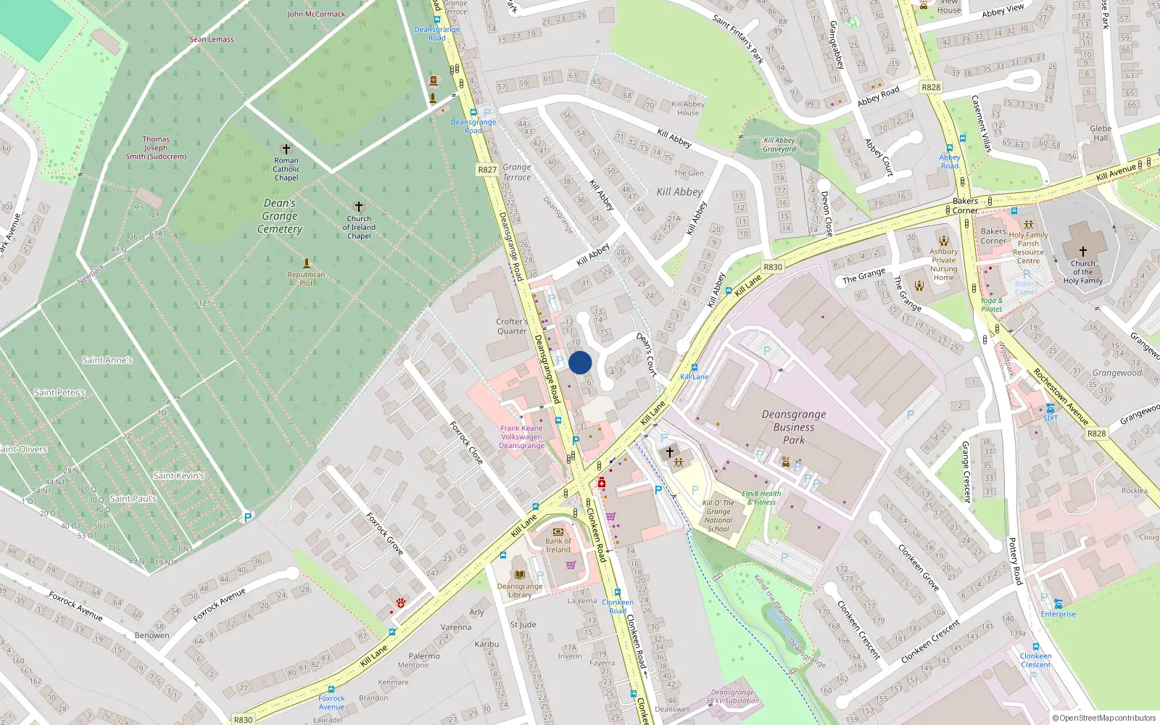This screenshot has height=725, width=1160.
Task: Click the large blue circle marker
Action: tap(580, 362)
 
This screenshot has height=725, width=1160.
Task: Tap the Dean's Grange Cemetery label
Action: tap(280, 216)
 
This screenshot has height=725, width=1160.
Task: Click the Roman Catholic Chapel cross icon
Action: tap(286, 149)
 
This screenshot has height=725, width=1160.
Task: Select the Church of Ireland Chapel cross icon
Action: tap(359, 207)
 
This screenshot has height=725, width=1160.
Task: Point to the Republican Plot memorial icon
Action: tap(307, 262)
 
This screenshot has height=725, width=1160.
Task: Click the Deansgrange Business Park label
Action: tap(793, 427)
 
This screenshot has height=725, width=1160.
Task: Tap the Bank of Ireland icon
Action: tap(558, 531)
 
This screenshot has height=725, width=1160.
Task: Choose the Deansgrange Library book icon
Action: tap(519, 574)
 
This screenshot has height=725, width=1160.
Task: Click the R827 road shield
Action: tap(487, 170)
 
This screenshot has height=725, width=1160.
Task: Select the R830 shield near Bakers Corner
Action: tap(773, 267)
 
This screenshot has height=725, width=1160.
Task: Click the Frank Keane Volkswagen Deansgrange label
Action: tap(521, 436)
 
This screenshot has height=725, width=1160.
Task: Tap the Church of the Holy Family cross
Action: tap(1082, 251)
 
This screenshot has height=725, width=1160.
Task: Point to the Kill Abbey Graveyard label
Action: tap(779, 144)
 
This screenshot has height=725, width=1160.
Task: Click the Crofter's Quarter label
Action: tap(512, 326)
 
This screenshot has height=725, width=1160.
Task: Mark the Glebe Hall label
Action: tap(1101, 133)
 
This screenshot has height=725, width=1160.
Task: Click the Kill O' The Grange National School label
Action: tap(718, 515)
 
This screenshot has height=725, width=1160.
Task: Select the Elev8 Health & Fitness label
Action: tap(761, 497)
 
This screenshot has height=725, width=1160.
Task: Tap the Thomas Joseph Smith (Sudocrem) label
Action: tap(156, 147)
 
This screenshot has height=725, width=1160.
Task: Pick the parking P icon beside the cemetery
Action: tap(248, 518)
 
